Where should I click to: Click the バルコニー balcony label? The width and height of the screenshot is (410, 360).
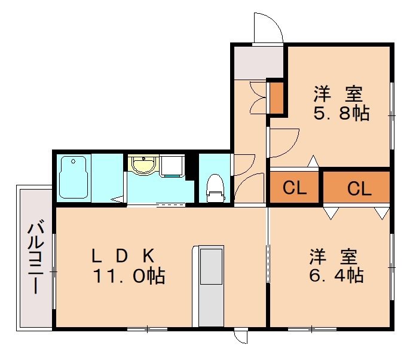point(35,257)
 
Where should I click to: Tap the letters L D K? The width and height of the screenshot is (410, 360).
point(123,256)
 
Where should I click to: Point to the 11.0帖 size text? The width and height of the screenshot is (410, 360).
point(128,276)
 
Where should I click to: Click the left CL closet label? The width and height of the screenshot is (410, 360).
point(295,188)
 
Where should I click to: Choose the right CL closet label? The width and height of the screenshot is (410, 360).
point(359,188)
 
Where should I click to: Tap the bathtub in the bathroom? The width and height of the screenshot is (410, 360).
point(74,178)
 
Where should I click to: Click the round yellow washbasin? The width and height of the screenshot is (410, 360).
point(142,165)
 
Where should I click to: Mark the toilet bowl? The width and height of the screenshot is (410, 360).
point(215,187)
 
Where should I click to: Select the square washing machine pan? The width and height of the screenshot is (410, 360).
point(173,166)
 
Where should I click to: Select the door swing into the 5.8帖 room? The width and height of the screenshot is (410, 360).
point(283,142)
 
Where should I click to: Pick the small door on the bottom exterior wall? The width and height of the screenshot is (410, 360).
point(241,337)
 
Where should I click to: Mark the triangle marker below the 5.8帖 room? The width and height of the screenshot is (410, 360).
point(313,161)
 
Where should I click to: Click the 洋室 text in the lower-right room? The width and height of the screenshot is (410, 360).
point(333,257)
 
